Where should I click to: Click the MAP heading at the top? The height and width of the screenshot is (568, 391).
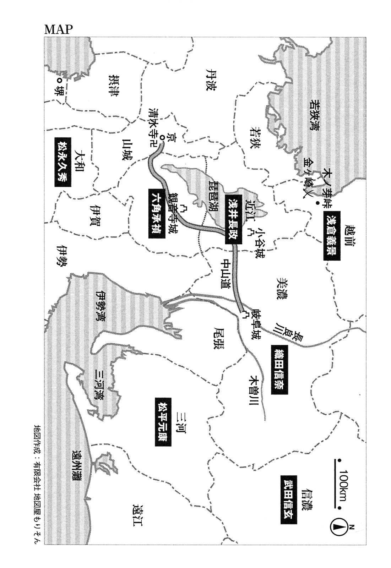(x=58, y=29)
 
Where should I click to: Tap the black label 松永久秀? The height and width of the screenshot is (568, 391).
(x=63, y=162)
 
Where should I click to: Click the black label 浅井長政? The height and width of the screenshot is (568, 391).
(x=233, y=219)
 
